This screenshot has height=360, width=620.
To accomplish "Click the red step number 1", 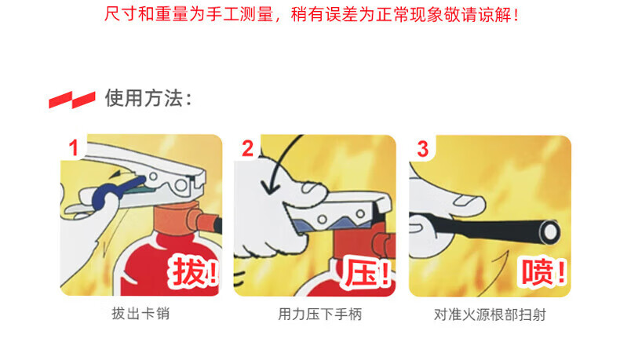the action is click(x=74, y=148).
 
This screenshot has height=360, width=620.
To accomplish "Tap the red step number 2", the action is click(x=247, y=148).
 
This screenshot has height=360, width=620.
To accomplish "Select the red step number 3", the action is click(x=423, y=149).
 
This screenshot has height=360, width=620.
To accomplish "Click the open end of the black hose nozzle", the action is click(x=549, y=232).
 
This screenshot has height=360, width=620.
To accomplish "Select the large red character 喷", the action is click(x=537, y=272).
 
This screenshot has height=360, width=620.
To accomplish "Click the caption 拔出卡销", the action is click(x=140, y=314).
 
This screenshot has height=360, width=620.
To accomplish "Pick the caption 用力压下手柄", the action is click(x=320, y=315).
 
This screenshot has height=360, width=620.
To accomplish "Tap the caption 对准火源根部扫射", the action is click(x=490, y=315).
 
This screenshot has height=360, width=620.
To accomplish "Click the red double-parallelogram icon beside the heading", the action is click(x=72, y=100).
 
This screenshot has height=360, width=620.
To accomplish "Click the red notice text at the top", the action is click(x=312, y=14).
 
